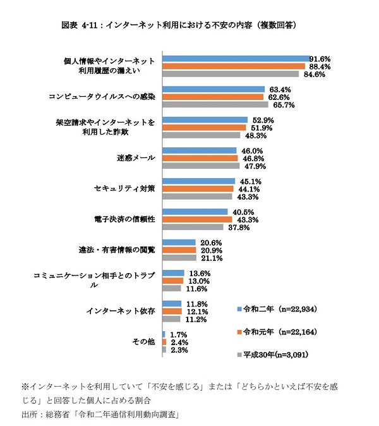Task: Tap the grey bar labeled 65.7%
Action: pyautogui.click(x=215, y=104)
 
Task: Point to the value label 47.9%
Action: pyautogui.click(x=251, y=166)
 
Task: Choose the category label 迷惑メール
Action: pyautogui.click(x=135, y=158)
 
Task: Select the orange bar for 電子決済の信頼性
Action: pyautogui.click(x=197, y=219)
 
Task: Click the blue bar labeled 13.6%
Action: pyautogui.click(x=173, y=273)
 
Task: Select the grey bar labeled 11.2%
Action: pyautogui.click(x=172, y=319)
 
